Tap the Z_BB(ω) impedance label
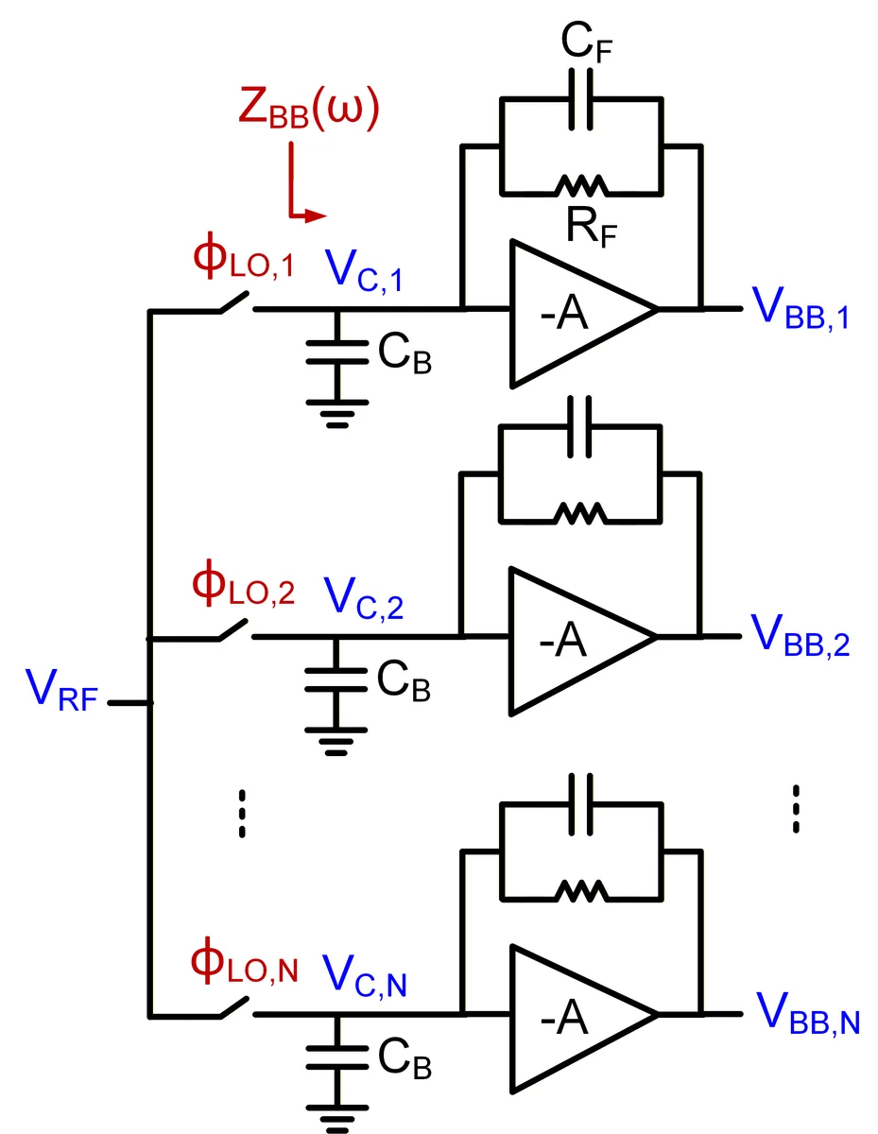(309, 109)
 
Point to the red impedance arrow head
(315, 215)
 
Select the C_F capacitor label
(586, 43)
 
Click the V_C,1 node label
(364, 271)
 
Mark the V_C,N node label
(364, 976)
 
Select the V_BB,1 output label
(801, 308)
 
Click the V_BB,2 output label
(801, 636)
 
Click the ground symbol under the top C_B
(337, 414)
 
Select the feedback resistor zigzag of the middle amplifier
(580, 515)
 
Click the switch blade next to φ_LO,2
(233, 629)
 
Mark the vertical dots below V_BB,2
(796, 808)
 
